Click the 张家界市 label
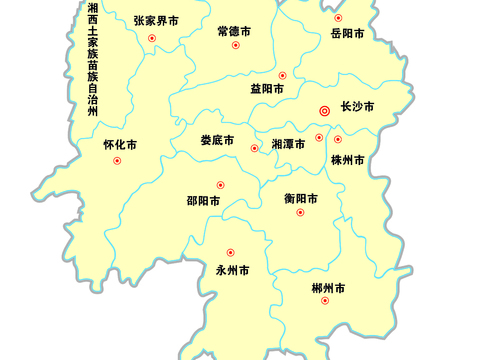[156, 20]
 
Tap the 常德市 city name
[234, 31]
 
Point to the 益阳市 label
[267, 89]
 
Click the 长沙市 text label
[357, 106]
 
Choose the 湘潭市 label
[289, 144]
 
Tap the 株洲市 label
[348, 159]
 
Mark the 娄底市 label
[217, 140]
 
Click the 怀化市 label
[120, 145]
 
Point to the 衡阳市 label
[301, 198]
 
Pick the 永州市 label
[233, 270]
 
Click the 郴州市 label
[328, 288]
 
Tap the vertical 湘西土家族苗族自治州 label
[92, 60]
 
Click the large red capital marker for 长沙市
[324, 111]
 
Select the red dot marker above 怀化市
[117, 161]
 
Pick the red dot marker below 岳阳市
[338, 18]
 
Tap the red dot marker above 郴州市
[324, 301]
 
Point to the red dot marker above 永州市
[230, 253]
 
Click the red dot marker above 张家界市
[152, 39]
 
